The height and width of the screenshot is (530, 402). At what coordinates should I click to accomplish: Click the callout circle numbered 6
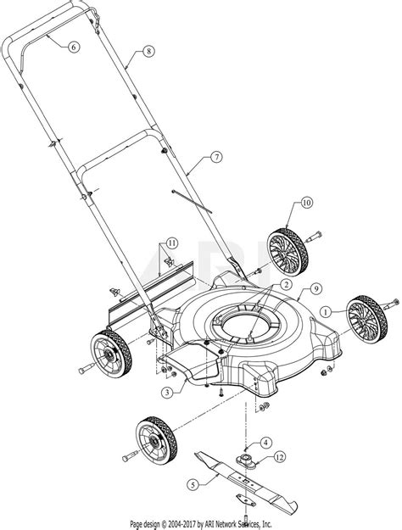tap(74, 47)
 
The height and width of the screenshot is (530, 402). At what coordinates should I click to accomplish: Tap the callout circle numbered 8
tap(149, 51)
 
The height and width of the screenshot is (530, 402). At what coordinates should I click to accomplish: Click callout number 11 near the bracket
tap(171, 243)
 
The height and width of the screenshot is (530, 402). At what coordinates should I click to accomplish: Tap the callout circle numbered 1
tap(326, 311)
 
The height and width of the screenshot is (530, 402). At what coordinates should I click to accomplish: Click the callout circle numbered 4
tap(265, 441)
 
